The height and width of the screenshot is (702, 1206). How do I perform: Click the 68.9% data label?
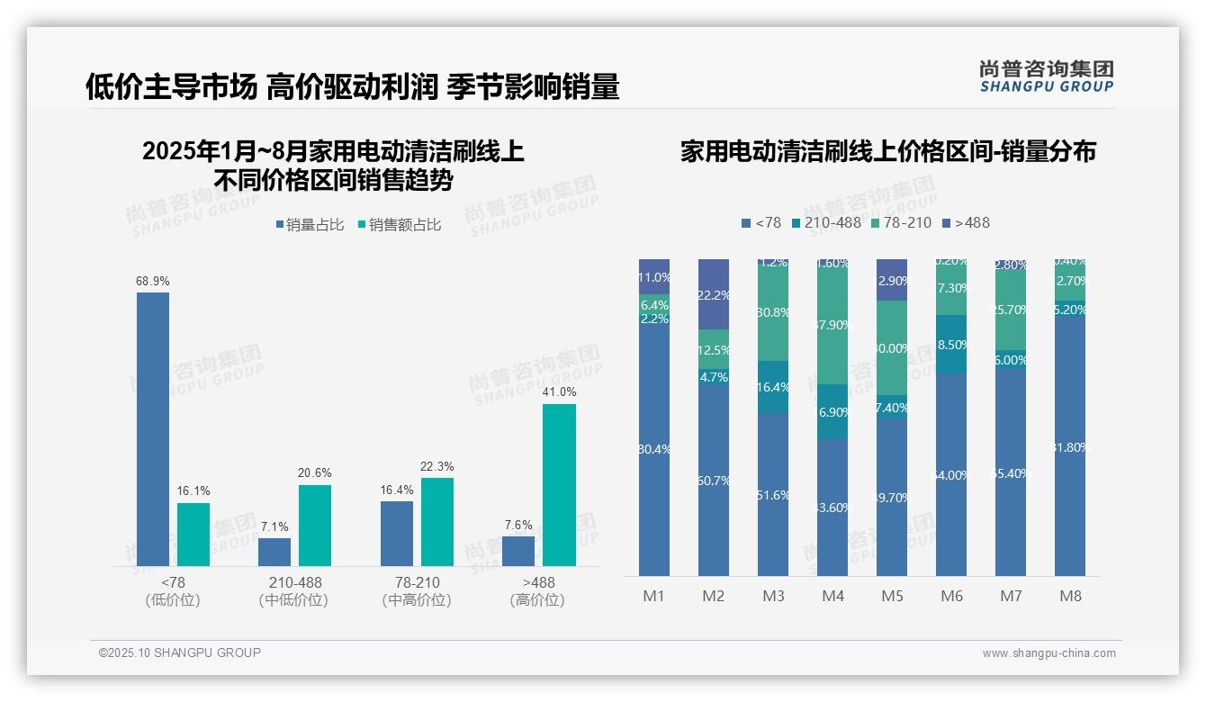[x=153, y=282]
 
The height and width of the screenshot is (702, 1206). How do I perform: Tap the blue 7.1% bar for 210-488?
[x=274, y=552]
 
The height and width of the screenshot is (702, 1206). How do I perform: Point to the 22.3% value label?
[x=436, y=467]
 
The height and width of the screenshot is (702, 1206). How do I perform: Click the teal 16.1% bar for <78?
[x=193, y=534]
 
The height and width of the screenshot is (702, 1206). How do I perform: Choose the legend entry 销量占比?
[x=310, y=225]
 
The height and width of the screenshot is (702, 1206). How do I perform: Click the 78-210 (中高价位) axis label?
[x=417, y=591]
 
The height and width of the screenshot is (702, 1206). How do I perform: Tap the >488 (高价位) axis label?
[x=537, y=591]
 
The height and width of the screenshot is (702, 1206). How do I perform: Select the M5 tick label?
[x=892, y=596]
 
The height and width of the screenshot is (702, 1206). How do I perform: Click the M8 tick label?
[x=1070, y=596]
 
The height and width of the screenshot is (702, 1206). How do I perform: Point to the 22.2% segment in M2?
[x=714, y=294]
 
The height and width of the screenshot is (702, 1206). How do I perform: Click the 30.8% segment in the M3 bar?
[x=773, y=313]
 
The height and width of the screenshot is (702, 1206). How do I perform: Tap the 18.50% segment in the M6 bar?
[x=951, y=344]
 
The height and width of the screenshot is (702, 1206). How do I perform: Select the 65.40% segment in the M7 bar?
[x=1011, y=472]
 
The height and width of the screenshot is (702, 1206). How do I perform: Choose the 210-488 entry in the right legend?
[x=825, y=222]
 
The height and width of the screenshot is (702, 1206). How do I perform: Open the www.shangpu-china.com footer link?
[x=1048, y=653]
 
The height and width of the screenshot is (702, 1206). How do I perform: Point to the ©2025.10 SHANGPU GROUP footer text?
[x=179, y=652]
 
